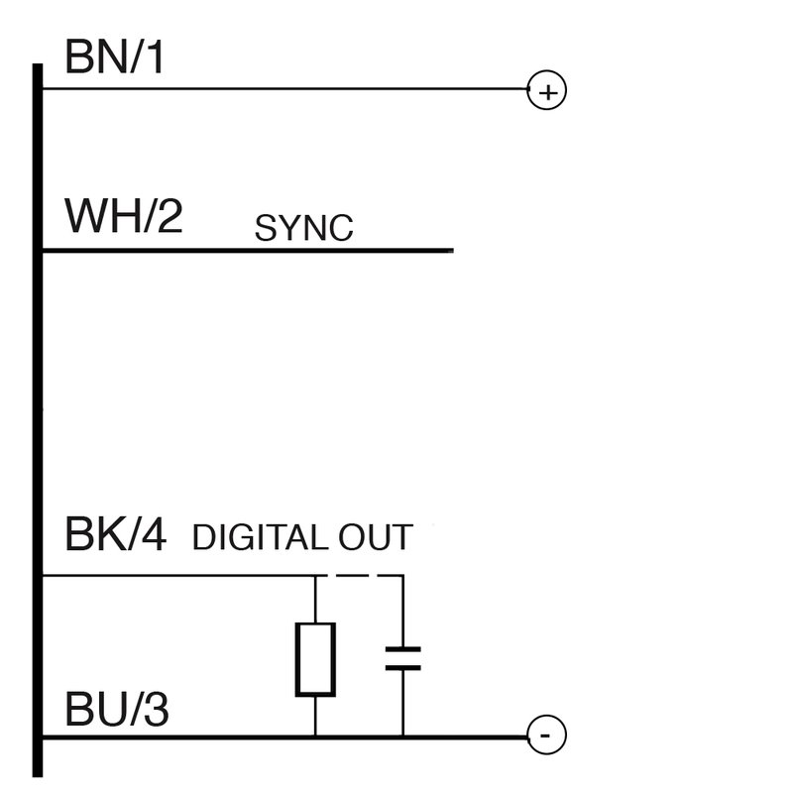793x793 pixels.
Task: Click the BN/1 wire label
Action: click(114, 59)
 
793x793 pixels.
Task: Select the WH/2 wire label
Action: click(124, 216)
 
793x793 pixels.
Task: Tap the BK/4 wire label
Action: click(116, 535)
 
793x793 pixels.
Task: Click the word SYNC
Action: click(303, 229)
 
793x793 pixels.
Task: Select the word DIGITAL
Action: click(258, 537)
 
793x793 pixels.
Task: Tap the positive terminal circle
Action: click(546, 91)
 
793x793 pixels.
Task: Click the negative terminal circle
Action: click(546, 736)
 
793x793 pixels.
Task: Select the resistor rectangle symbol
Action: click(315, 658)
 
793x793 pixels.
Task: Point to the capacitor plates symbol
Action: click(402, 658)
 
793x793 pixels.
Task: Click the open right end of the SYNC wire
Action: click(451, 250)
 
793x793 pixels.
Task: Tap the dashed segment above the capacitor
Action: click(359, 575)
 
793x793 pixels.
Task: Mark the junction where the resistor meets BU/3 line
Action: click(315, 736)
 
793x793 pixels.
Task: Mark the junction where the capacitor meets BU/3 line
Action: click(402, 736)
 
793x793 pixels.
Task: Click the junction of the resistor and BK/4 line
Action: click(315, 575)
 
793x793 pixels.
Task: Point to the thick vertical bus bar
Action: click(39, 416)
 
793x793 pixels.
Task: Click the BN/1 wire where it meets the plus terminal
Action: click(526, 90)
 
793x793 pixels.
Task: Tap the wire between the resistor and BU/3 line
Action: click(315, 715)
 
